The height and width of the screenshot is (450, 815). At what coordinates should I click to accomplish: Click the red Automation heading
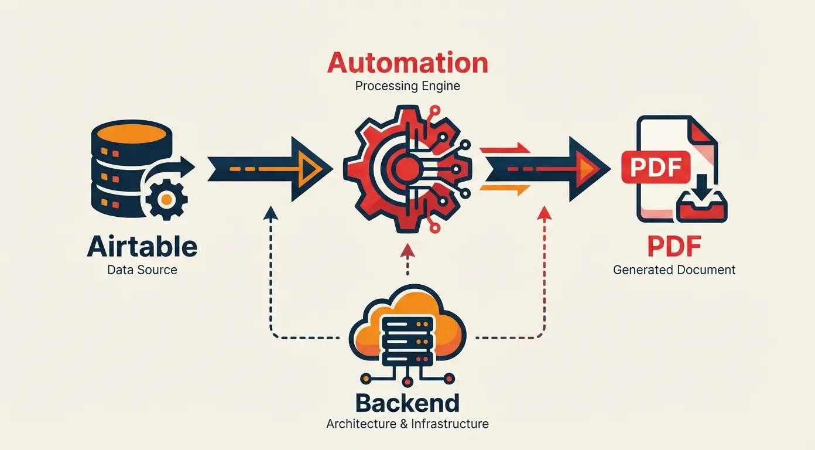pos(407,63)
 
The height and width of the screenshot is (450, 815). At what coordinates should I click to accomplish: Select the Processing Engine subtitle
pos(407,86)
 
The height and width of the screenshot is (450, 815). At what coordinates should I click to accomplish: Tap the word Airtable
pos(142,247)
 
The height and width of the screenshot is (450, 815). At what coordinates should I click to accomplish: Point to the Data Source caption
pos(142,270)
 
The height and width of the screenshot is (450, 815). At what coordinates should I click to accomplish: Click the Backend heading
pos(407,403)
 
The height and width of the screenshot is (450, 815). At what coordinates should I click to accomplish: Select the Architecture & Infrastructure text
pos(407,424)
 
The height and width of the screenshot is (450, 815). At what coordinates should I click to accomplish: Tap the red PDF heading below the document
pos(674,247)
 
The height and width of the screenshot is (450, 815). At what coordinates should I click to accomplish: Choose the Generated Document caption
pos(674,270)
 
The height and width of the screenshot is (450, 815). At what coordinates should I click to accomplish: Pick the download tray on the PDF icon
pos(701,206)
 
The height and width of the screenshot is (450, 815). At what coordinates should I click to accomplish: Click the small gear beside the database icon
pos(166,199)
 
